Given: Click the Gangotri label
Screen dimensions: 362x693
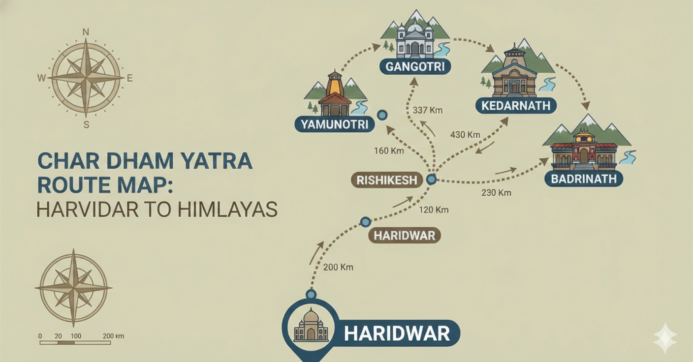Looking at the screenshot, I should tap(415, 66).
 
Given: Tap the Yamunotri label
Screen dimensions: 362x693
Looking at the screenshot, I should tap(334, 124).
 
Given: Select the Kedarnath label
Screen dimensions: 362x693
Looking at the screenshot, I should tap(515, 105).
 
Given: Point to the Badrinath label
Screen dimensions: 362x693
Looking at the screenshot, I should tap(584, 179).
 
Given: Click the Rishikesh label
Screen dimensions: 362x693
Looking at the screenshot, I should tap(386, 180).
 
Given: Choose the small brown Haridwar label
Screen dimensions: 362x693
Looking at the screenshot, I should tap(404, 236).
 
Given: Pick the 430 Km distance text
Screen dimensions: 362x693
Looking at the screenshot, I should tap(465, 134).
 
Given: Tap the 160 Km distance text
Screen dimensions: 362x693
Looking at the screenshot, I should tap(389, 151).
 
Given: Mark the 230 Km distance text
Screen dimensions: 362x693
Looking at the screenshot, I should tap(496, 192).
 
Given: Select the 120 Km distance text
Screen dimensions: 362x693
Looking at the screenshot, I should tap(434, 210).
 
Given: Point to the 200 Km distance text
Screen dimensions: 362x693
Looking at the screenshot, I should tap(338, 267).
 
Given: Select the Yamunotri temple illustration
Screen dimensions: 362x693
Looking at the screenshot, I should tap(335, 96).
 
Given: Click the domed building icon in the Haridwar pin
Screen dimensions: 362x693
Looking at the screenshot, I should tap(311, 326).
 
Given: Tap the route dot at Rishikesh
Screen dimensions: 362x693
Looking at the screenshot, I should tap(431, 180).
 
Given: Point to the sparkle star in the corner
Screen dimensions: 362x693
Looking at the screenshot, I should tap(665, 338).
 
